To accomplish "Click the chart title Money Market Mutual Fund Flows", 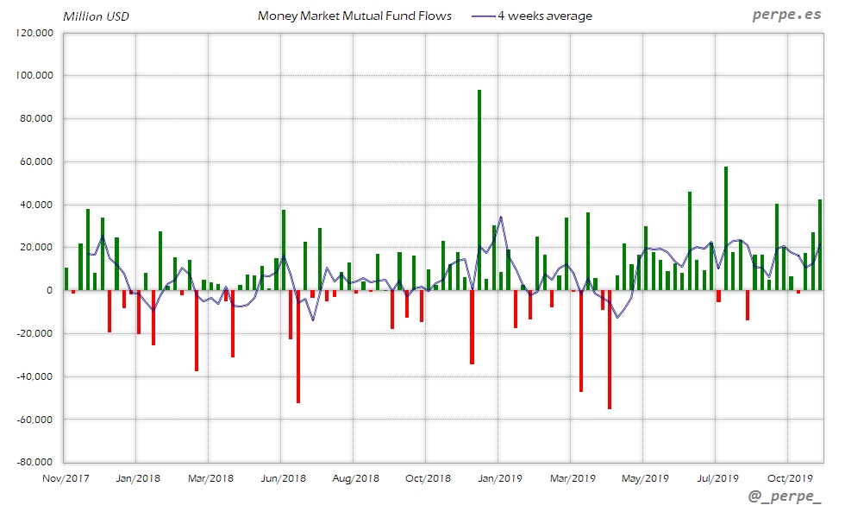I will click(x=354, y=16).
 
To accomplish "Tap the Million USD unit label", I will click(x=96, y=16).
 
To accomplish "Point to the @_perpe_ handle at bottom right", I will click(x=786, y=498).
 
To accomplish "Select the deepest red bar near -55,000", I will click(x=609, y=350).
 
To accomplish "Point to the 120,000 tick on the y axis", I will click(x=34, y=33).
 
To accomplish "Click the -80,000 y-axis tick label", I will click(x=34, y=462).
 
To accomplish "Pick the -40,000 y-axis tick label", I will click(x=35, y=376).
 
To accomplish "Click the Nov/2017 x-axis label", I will click(x=66, y=477).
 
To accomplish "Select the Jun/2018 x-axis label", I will click(x=283, y=477).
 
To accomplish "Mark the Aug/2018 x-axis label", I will click(x=355, y=477).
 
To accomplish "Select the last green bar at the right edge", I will click(x=820, y=245).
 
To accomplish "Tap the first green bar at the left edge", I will click(x=66, y=279).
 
